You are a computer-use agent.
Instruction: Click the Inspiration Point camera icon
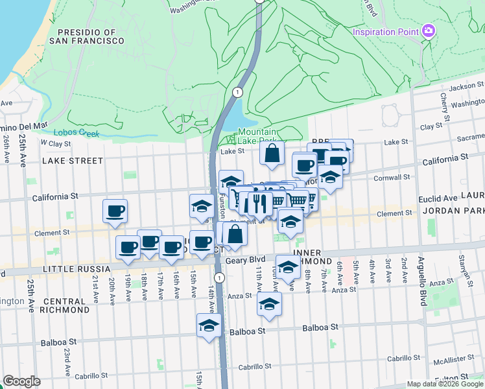(x=427, y=31)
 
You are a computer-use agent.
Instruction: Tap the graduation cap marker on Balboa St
(x=209, y=325)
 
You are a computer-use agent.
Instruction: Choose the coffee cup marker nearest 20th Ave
(x=115, y=211)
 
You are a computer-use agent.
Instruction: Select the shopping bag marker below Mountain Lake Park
(x=272, y=154)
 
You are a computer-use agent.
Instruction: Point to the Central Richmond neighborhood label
(x=66, y=305)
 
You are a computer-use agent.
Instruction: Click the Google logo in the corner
(x=22, y=381)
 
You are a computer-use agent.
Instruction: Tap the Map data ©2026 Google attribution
(x=445, y=384)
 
